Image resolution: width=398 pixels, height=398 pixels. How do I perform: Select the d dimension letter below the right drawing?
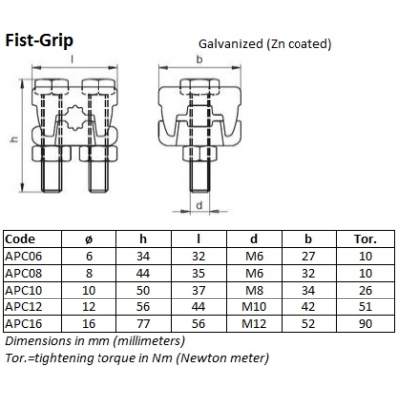[x=199, y=206]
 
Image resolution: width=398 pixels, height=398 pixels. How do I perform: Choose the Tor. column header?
[x=365, y=240]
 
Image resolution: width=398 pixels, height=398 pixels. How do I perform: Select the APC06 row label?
[x=25, y=255]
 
